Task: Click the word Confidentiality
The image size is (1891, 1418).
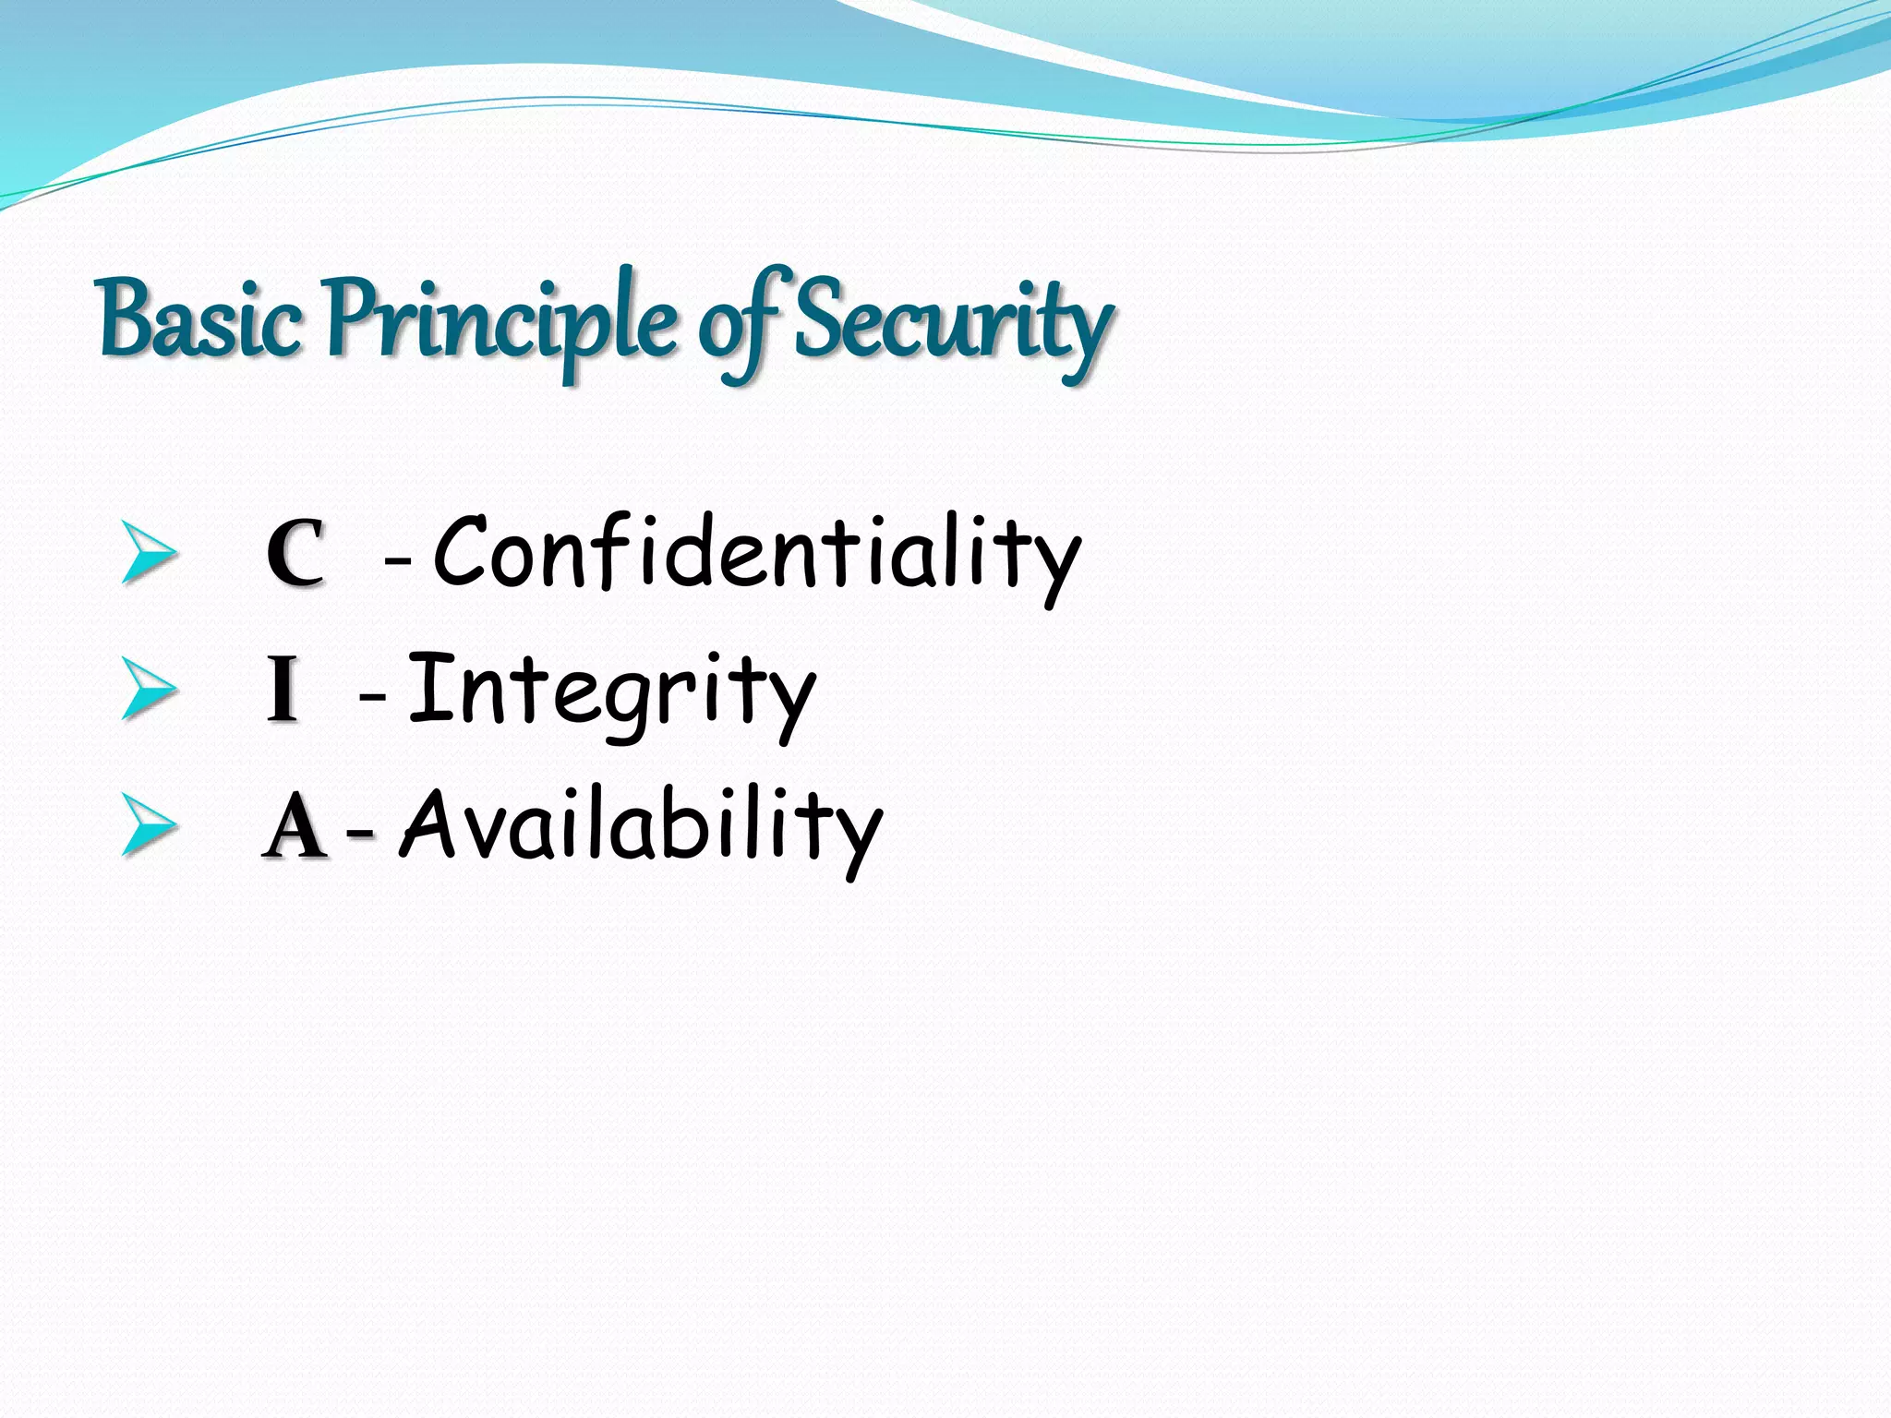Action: click(756, 553)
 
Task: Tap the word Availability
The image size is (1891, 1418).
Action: click(642, 826)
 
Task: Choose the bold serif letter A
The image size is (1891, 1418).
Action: click(295, 826)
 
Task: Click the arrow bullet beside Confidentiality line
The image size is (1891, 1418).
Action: click(148, 552)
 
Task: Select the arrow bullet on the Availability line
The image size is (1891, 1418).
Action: click(148, 824)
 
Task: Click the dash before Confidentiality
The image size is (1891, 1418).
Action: click(397, 559)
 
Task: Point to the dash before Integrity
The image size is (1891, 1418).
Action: click(372, 696)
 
